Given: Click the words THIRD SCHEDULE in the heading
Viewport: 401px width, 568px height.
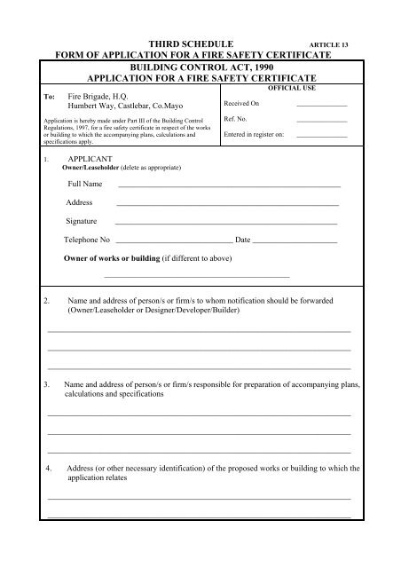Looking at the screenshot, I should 191,42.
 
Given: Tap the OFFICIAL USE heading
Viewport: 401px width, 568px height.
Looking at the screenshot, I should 291,89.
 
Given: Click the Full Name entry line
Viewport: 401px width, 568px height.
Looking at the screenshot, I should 229,186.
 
